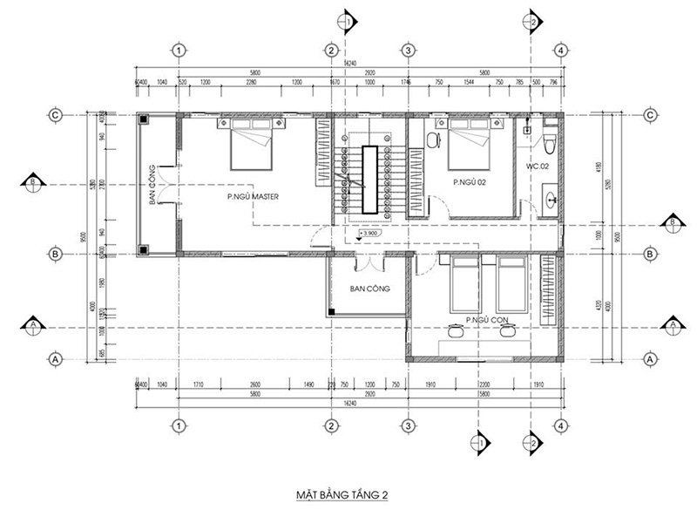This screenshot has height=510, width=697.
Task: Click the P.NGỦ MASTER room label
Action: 252,197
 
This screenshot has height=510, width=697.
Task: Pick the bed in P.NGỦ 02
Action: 471,146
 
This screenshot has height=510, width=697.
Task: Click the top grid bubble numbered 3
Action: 407,51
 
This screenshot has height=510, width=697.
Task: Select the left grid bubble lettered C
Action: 55,115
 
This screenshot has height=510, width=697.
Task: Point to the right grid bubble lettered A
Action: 650,358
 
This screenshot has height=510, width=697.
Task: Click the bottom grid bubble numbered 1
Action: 178,425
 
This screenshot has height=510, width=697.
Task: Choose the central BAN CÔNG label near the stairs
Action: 369,288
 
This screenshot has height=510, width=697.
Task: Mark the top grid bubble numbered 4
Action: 561,51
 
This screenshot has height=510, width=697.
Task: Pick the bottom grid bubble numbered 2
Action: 331,425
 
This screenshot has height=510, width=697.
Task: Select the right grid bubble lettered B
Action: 650,254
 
